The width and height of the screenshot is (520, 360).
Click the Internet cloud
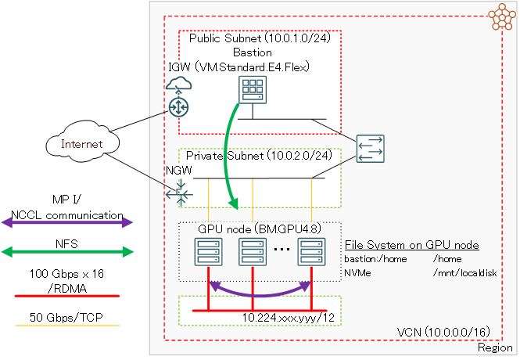[82, 144]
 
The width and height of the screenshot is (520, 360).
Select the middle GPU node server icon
[251, 251]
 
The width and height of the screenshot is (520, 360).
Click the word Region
[494, 347]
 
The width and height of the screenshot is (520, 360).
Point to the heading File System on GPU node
[411, 245]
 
